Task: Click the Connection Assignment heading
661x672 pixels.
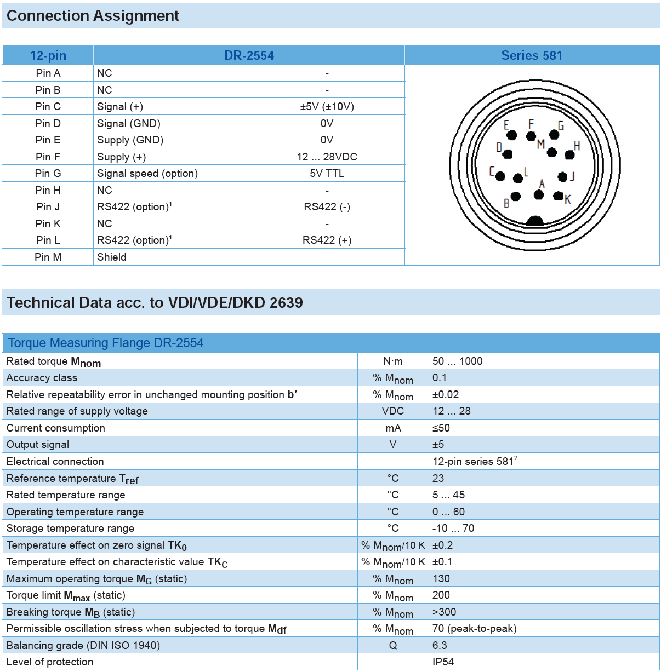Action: point(93,16)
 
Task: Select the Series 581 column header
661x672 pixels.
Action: point(532,55)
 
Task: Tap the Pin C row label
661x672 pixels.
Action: point(48,106)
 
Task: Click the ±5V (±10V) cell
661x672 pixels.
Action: point(327,106)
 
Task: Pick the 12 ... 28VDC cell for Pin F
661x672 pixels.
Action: point(327,157)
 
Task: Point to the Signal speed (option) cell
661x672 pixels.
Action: point(147,173)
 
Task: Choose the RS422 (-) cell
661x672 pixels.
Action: point(327,206)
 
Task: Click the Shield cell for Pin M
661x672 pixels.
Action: point(112,257)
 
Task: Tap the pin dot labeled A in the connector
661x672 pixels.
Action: point(539,194)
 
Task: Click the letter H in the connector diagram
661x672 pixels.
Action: point(577,146)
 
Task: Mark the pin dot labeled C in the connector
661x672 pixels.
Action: point(500,176)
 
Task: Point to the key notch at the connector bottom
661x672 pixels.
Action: point(534,221)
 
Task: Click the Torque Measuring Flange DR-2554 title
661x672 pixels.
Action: point(106,343)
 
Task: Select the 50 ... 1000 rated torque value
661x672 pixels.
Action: point(457,361)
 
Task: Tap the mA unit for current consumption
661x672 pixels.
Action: point(393,428)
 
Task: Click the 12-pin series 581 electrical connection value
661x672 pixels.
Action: point(475,461)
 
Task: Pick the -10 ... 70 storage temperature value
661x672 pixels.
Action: point(453,528)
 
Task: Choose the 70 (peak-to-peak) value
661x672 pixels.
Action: point(474,628)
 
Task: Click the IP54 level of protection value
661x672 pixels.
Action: point(443,662)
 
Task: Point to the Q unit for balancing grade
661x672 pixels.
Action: point(393,645)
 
